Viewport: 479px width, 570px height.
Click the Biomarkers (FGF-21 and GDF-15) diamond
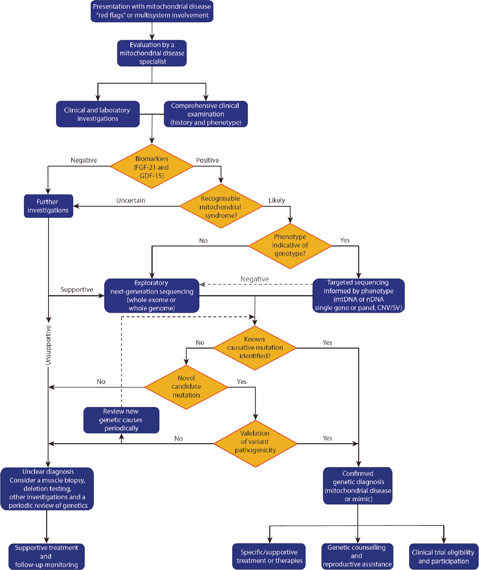tap(151, 167)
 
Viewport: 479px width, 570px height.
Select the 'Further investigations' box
tap(48, 206)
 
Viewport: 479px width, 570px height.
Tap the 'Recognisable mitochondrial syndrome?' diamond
tap(221, 207)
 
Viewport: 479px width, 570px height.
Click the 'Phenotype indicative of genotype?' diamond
tap(290, 245)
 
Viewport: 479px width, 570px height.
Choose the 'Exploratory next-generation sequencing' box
tap(151, 296)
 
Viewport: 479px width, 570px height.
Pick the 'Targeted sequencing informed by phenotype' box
tap(358, 295)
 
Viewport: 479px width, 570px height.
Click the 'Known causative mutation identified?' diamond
tap(255, 348)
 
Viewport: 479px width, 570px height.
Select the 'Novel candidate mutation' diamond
tap(186, 387)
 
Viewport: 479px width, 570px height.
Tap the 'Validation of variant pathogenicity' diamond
tap(255, 442)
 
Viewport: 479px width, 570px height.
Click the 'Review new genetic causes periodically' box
tap(121, 420)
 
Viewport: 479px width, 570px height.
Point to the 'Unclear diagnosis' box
tap(47, 489)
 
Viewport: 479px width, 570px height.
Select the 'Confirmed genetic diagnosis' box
tap(358, 486)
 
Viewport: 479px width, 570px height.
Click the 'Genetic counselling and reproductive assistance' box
tap(357, 556)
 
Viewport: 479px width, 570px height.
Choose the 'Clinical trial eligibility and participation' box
tap(443, 556)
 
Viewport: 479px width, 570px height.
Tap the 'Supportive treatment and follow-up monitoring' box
tap(47, 556)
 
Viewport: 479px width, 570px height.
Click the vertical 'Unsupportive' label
tap(48, 345)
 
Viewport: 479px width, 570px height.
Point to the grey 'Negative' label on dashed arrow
tap(255, 279)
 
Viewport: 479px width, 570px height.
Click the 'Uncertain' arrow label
tap(131, 200)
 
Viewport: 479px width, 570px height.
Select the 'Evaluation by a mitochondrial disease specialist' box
tap(152, 53)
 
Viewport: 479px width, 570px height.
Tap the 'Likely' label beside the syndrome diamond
tap(277, 200)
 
